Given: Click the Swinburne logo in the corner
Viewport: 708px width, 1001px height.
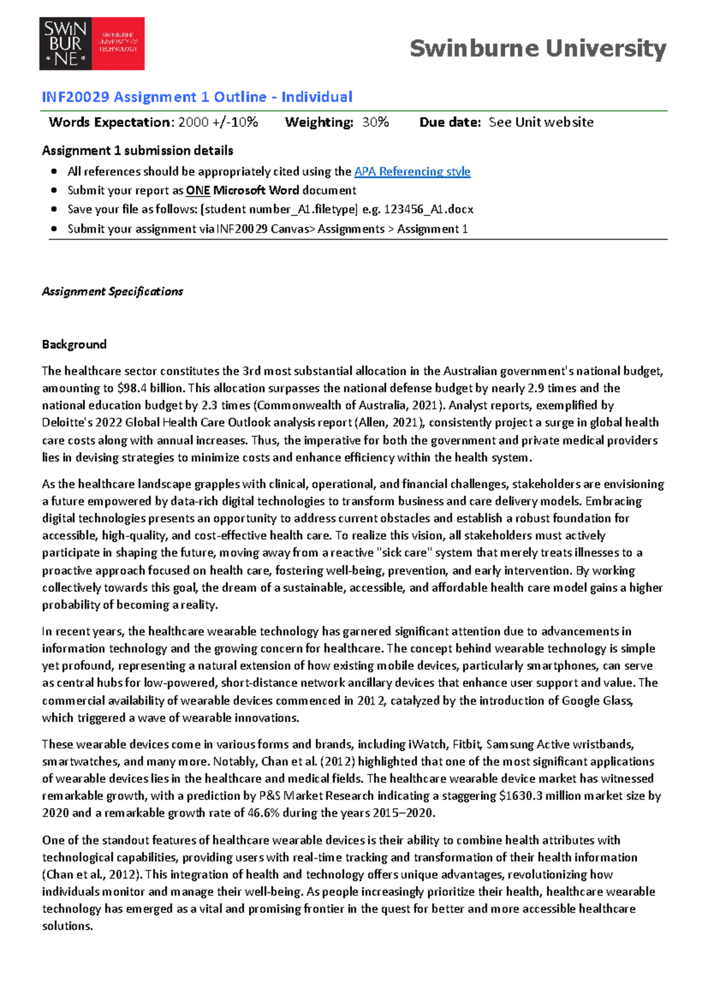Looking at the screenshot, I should (91, 44).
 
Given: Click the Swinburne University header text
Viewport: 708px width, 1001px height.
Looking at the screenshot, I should (537, 48).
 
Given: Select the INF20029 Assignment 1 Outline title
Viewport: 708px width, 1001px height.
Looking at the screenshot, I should (197, 97).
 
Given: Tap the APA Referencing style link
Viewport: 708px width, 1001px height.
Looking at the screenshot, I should (412, 172).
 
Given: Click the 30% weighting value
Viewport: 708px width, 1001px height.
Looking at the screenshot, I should (375, 122).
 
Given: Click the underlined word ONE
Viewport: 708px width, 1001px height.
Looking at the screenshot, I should (198, 191).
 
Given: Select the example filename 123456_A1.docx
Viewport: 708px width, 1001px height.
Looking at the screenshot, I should (428, 210).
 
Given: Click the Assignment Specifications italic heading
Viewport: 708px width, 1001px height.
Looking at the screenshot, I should (112, 292).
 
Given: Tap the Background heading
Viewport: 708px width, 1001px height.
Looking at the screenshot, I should (74, 345).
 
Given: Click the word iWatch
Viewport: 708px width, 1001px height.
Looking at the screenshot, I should (425, 745).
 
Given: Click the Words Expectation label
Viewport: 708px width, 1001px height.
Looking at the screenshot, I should (111, 122).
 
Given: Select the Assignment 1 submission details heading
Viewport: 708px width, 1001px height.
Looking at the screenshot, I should (137, 151).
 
